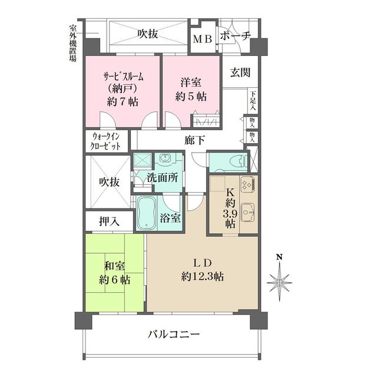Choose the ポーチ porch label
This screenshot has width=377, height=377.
pos(236,37)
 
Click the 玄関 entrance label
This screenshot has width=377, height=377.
pos(240,73)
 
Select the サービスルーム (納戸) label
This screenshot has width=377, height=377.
pos(122,88)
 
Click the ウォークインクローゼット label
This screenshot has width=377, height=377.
pos(106,141)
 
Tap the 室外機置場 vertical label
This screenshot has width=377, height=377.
pos(72,43)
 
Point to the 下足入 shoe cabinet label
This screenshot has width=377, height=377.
pos(252,101)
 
